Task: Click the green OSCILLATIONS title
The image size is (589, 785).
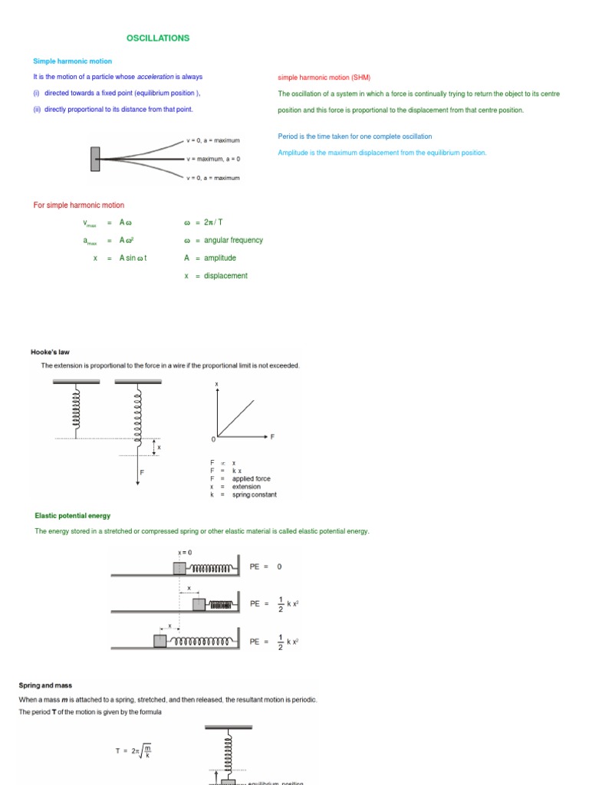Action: (x=157, y=38)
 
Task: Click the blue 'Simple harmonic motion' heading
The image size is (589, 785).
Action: (x=72, y=61)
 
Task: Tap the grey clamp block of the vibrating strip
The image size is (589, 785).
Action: (x=95, y=159)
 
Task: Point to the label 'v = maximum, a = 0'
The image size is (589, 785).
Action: (x=213, y=159)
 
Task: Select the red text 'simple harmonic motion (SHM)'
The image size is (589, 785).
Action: (x=324, y=77)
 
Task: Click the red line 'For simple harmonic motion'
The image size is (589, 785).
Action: (x=79, y=205)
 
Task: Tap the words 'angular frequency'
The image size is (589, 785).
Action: (x=233, y=240)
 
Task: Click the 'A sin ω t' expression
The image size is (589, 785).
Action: (x=133, y=258)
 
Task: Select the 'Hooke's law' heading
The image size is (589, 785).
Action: (x=50, y=352)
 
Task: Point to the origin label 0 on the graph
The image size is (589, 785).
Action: (x=213, y=439)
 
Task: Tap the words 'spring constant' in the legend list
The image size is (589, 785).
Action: (x=255, y=494)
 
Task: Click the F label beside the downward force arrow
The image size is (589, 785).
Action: (x=143, y=472)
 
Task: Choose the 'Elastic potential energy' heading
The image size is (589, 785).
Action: (x=72, y=516)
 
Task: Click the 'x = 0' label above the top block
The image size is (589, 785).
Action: (x=185, y=553)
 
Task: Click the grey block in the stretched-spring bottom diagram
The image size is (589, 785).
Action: (x=160, y=641)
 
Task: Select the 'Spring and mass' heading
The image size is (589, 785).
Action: (x=44, y=685)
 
